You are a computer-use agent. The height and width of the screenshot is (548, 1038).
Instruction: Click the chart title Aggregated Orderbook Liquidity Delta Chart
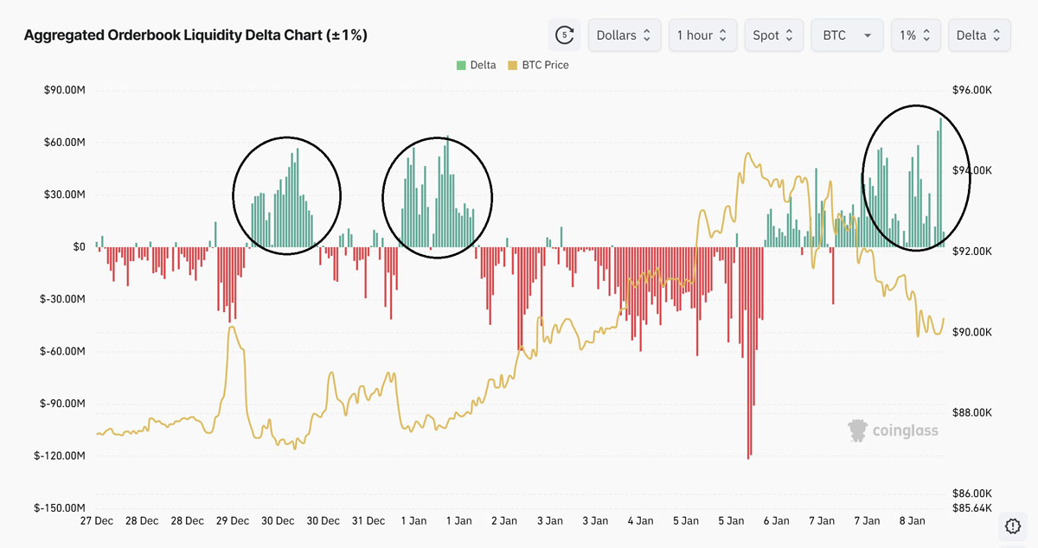[x=195, y=35]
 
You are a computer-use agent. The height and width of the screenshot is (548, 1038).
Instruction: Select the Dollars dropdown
[x=625, y=35]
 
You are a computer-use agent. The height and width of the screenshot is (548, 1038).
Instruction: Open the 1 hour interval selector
[x=702, y=35]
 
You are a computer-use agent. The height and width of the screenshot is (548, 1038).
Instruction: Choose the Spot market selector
[x=773, y=35]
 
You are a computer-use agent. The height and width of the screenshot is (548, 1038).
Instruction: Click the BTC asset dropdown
[x=846, y=35]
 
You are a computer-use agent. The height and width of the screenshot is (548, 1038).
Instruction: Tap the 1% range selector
[x=915, y=35]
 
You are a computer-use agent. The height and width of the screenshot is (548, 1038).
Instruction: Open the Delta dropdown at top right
[x=979, y=35]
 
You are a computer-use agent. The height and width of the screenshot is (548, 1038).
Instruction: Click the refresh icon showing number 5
[x=565, y=35]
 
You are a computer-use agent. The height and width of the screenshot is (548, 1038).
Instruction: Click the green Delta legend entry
[x=476, y=65]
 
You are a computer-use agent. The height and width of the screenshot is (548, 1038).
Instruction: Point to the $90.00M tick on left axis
[x=64, y=90]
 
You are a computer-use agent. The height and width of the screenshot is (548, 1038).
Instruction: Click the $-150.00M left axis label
[x=61, y=508]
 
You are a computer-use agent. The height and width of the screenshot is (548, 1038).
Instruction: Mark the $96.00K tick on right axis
[x=971, y=90]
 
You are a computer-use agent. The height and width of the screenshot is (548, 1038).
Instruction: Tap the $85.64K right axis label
[x=971, y=508]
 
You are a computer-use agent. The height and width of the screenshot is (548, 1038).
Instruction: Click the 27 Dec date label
[x=96, y=521]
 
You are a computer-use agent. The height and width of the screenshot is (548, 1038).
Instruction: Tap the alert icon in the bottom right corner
[x=1013, y=525]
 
